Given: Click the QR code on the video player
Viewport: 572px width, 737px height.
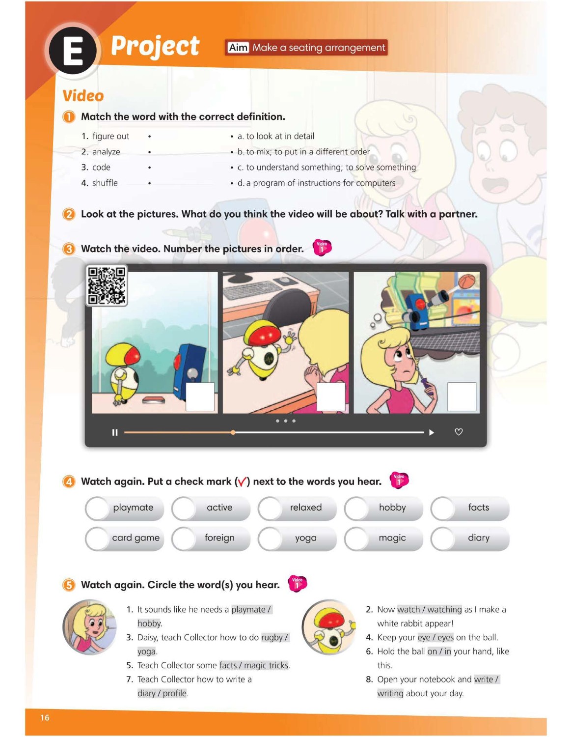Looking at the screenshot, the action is pyautogui.click(x=107, y=285).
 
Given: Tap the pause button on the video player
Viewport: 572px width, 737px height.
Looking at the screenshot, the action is pyautogui.click(x=115, y=432).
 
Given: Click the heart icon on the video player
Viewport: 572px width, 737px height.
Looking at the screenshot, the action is pyautogui.click(x=459, y=432).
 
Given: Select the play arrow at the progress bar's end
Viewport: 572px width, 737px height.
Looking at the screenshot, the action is pyautogui.click(x=432, y=432).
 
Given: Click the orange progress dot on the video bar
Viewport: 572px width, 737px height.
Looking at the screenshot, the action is pyautogui.click(x=233, y=432).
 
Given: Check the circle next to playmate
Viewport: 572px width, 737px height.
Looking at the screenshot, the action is pyautogui.click(x=97, y=508).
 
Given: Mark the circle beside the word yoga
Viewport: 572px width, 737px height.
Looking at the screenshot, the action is pyautogui.click(x=270, y=538).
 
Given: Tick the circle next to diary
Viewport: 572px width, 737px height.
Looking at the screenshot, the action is pyautogui.click(x=442, y=538).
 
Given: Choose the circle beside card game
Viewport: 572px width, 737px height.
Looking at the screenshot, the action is pyautogui.click(x=97, y=538).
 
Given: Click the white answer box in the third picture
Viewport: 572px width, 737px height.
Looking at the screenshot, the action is pyautogui.click(x=462, y=397).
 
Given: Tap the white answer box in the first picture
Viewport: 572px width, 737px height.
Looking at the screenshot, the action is pyautogui.click(x=200, y=397).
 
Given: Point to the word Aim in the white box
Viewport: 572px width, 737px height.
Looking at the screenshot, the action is pyautogui.click(x=238, y=48).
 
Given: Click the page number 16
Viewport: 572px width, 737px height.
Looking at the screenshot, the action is pyautogui.click(x=45, y=717).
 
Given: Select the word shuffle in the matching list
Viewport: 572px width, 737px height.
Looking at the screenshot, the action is pyautogui.click(x=105, y=183).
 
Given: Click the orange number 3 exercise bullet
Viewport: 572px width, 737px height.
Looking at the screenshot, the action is pyautogui.click(x=69, y=249).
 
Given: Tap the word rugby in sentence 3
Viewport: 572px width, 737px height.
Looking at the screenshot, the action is pyautogui.click(x=272, y=637).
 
